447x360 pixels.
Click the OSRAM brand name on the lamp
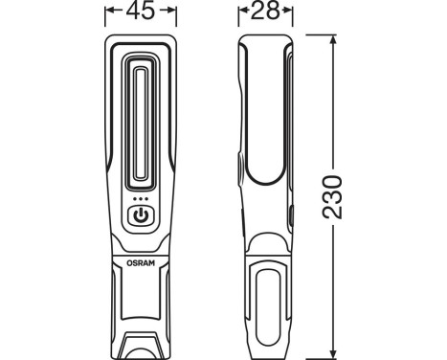coord(140,258)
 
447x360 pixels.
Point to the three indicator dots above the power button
coord(140,200)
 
